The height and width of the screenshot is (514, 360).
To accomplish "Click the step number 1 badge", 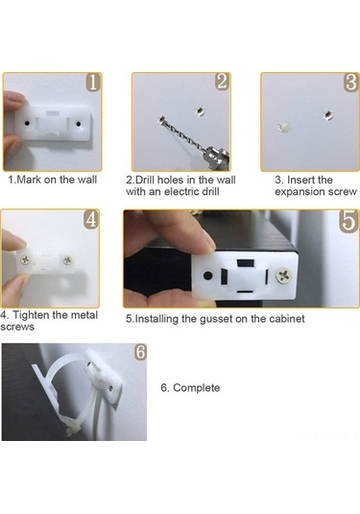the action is [x=93, y=82].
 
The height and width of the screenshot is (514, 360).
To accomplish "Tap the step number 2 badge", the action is [x=222, y=82].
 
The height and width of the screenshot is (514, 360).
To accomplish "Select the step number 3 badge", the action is [x=351, y=82].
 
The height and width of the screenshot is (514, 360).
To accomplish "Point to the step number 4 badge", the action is [x=91, y=219].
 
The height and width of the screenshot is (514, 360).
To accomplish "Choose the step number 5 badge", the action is [x=348, y=221].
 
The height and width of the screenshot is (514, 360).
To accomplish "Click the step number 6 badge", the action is [x=140, y=352].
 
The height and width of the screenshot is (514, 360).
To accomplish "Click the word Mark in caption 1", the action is [x=28, y=180].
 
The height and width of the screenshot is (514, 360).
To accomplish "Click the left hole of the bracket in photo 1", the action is [x=27, y=123].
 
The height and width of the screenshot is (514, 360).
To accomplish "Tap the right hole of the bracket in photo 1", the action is [x=79, y=124].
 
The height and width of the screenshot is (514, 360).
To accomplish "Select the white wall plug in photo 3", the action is [x=284, y=127].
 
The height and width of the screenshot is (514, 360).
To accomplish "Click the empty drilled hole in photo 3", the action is [x=327, y=115].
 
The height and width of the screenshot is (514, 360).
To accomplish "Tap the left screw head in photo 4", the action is [x=25, y=260].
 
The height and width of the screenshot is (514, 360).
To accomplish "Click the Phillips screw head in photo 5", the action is [x=283, y=276].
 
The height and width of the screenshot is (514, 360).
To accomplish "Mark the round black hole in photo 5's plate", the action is [x=207, y=276].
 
